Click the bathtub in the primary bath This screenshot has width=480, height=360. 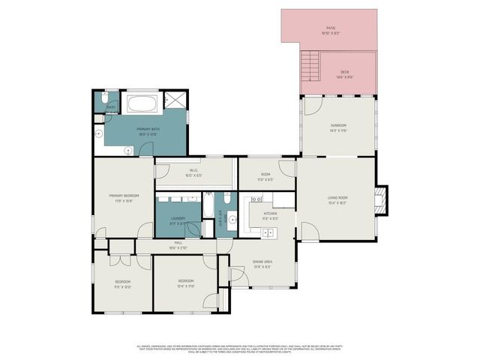142,103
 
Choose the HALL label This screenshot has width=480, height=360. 178,243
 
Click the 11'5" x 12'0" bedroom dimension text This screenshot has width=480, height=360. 123,286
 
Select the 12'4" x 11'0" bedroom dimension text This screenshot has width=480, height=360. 186,286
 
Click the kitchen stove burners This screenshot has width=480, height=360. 256,200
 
